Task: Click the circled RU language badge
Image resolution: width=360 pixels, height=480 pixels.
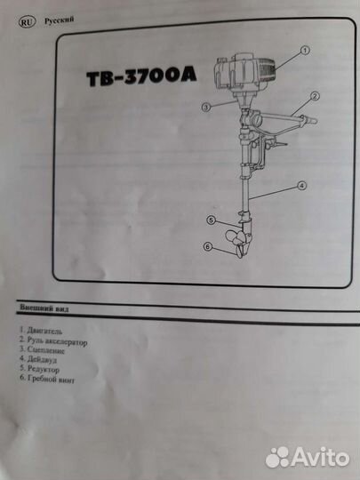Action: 28,22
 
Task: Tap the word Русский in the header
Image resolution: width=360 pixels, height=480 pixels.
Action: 59,20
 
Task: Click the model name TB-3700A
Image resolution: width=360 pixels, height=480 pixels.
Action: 141,77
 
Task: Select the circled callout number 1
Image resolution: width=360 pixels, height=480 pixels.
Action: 304,50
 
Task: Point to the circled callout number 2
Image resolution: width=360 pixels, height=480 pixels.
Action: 315,96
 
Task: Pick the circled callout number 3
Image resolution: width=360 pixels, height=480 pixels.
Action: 206,108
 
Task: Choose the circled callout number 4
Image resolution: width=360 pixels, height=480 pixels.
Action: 301,186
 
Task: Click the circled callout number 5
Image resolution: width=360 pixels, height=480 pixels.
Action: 212,220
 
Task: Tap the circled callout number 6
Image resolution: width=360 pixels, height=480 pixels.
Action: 208,247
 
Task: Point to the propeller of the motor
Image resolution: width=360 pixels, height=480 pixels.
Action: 237,244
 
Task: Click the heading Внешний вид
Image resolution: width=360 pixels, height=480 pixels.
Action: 44,308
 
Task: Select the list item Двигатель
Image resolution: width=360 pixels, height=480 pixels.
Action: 41,331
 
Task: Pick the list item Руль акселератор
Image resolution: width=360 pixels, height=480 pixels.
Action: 53,341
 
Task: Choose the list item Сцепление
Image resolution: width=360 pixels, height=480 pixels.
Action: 42,350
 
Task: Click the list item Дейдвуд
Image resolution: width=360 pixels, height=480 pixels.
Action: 38,359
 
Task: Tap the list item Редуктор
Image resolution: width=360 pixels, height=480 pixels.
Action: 39,369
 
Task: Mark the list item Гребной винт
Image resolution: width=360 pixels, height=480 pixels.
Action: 47,380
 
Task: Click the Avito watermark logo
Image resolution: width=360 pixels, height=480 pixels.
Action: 308,458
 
